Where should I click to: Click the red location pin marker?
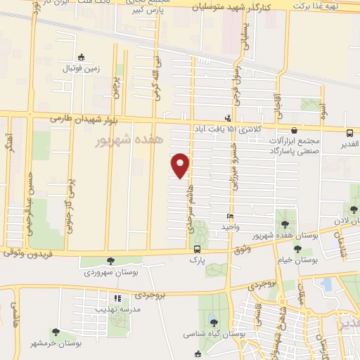point(181,166)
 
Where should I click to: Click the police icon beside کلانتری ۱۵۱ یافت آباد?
point(227,118)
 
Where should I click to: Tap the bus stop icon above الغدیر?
point(349,132)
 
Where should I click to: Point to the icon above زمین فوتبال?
point(82,58)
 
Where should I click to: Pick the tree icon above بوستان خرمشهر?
point(56,331)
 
